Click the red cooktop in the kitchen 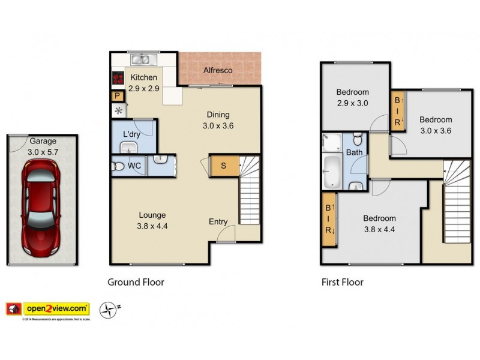118,78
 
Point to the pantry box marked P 118,96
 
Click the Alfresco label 218,70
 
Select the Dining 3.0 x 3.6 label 218,121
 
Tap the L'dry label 132,133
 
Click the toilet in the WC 119,166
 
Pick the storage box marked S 223,166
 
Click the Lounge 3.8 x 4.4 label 152,220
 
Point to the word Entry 218,222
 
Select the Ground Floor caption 136,282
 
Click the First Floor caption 342,282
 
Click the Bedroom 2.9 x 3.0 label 352,98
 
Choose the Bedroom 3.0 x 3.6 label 435,125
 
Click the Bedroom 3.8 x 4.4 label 379,223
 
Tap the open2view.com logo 56,309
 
